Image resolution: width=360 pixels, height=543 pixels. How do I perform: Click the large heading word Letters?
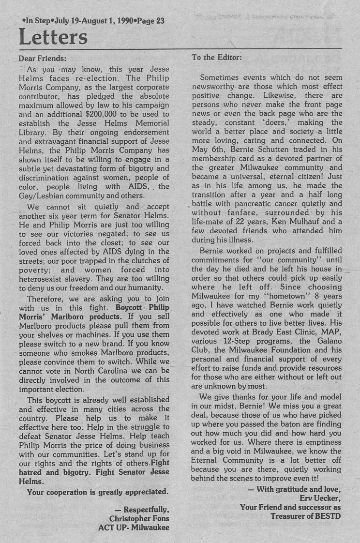point(53,37)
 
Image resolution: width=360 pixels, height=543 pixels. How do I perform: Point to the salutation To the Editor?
point(217,57)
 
